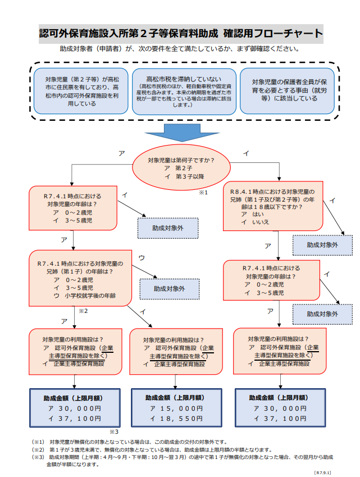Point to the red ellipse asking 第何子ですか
[181, 167]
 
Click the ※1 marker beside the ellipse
[203, 193]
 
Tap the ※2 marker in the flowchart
[84, 310]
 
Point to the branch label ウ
[142, 257]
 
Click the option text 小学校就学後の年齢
[90, 296]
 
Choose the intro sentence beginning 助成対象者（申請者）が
[180, 49]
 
